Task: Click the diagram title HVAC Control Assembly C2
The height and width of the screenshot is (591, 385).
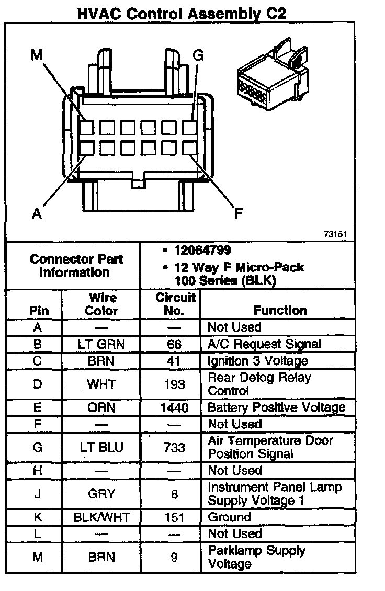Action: [x=182, y=14]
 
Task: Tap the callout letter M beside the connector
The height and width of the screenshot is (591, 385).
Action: [x=37, y=55]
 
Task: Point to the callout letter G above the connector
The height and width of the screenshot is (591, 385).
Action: [x=198, y=55]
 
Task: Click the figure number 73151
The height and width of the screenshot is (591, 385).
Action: [x=335, y=235]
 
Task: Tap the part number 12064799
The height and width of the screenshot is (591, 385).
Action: [x=202, y=251]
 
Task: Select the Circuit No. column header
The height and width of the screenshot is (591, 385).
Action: [x=175, y=304]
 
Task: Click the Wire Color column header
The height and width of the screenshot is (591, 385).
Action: [x=101, y=304]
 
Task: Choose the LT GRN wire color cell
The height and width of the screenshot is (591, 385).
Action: [x=102, y=344]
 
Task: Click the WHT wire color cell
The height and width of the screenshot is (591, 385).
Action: [x=101, y=384]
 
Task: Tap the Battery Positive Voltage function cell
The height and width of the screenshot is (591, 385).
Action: [x=276, y=407]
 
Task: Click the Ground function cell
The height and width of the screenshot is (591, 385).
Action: [x=229, y=517]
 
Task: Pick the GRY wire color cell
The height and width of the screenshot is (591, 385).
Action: [x=101, y=494]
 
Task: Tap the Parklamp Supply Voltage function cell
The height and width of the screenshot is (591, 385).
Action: [x=256, y=557]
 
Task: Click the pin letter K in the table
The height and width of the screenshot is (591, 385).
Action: [x=37, y=517]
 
